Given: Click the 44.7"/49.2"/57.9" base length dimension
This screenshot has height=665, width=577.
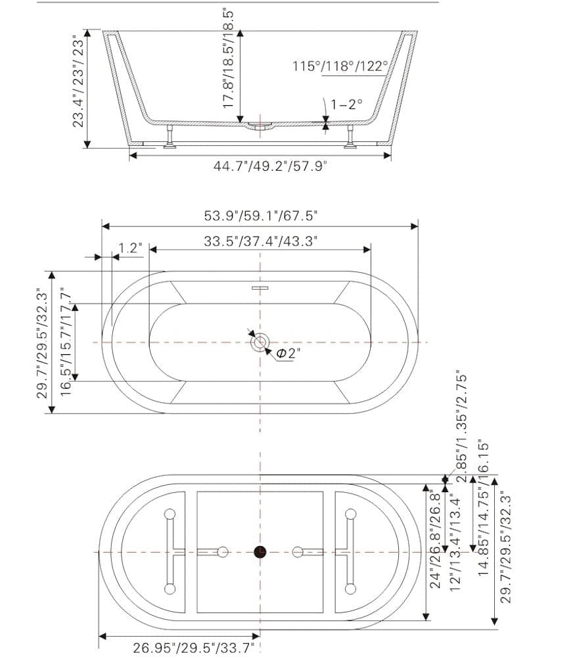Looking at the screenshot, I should [270, 166].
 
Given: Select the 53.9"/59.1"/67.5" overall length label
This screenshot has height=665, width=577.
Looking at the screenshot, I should [262, 215].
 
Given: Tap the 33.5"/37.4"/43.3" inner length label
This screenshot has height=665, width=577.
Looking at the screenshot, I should [260, 241].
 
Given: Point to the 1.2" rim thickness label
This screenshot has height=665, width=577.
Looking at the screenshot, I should [130, 248].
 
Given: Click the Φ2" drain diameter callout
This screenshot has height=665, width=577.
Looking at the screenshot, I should [288, 354].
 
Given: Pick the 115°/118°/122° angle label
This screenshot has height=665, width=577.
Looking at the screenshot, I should [340, 66].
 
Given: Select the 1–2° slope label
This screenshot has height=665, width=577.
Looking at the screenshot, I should [346, 104].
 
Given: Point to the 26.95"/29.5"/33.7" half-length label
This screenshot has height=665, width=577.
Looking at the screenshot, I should [194, 649].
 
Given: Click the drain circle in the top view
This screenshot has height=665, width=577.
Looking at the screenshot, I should [261, 342].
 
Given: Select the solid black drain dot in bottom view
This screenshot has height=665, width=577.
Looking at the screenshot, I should [261, 552].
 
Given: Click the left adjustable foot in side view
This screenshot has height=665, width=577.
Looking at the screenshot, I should [170, 137].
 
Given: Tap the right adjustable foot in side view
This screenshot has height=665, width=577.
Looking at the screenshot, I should [352, 137].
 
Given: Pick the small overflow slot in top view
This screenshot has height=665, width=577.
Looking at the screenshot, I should [261, 287].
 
